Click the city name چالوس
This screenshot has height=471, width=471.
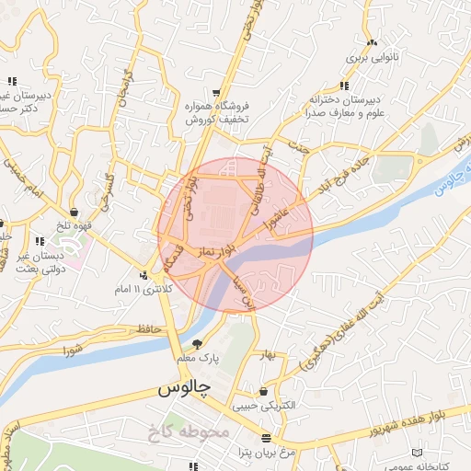[184, 388]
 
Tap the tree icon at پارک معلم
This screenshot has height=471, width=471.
[198, 342]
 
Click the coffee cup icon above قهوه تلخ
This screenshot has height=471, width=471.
[74, 213]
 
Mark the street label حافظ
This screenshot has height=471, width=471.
[147, 328]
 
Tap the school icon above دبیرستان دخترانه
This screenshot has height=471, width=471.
[343, 86]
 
